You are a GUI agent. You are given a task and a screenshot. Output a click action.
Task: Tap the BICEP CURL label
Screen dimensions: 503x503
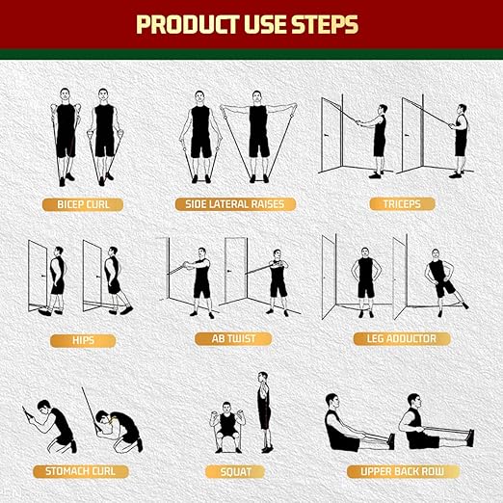click(83, 204)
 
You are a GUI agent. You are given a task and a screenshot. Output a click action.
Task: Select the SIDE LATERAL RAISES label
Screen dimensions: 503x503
click(234, 204)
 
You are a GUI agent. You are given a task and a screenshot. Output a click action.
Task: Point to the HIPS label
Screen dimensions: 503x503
click(83, 339)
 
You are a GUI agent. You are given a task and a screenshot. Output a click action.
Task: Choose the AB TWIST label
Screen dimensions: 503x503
click(234, 339)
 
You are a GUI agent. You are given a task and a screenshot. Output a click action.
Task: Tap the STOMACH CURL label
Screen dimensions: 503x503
click(83, 471)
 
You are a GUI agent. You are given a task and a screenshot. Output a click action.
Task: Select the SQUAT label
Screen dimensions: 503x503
click(234, 471)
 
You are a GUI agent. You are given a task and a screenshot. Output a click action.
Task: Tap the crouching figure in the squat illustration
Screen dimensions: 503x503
click(227, 428)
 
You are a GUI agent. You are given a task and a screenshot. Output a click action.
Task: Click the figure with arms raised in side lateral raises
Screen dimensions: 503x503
click(258, 135)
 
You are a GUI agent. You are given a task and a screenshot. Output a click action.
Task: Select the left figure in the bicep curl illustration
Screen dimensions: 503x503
click(65, 135)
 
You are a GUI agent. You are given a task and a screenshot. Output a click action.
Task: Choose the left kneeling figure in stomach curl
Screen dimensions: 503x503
click(54, 425)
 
